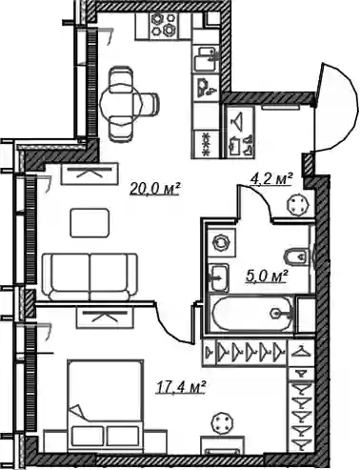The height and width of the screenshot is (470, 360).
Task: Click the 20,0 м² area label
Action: coord(155,189)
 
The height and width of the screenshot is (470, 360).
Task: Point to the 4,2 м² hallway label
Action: coord(271,179)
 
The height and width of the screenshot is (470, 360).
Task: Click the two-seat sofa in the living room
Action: coord(90,276)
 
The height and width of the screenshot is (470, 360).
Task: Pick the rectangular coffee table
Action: coord(90,222)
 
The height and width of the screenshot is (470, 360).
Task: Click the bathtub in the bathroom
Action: coord(252,314)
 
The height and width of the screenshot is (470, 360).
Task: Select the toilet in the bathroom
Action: coord(296,256)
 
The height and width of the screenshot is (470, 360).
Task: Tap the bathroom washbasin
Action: coord(219,277)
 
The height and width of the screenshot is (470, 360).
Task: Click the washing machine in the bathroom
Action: coord(220,243)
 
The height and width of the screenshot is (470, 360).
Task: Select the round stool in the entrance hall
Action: coord(297,205)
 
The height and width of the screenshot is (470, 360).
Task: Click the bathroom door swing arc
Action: coord(260,196)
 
